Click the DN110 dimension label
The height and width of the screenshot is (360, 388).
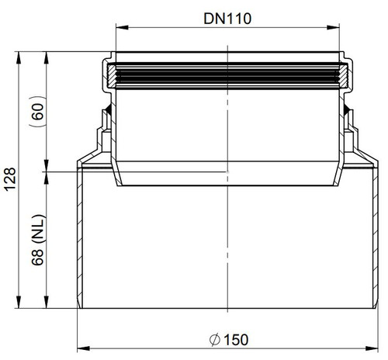point(227,19)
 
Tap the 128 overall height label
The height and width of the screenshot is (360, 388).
point(11,179)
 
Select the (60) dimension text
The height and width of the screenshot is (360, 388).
point(37,111)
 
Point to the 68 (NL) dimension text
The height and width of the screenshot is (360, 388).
point(38,240)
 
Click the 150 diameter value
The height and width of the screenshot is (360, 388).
point(236,340)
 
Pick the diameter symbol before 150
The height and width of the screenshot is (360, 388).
point(215,340)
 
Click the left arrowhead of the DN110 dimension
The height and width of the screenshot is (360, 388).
point(122,27)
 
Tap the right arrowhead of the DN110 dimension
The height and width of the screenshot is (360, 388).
point(333,27)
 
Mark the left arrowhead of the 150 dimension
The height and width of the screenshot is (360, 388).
point(84,348)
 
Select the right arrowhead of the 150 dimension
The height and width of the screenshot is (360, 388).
point(372,348)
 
